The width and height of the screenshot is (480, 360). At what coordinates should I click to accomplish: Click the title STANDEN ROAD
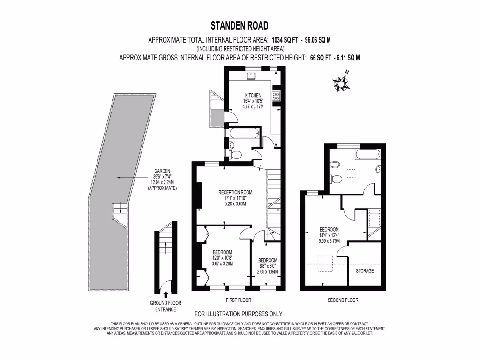pyautogui.click(x=240, y=25)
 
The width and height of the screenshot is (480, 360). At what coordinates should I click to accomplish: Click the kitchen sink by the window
pyautogui.click(x=250, y=76)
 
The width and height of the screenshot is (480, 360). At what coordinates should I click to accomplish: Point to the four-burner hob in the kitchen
pyautogui.click(x=276, y=97)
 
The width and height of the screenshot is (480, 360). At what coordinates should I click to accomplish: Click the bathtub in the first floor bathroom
pyautogui.click(x=243, y=134)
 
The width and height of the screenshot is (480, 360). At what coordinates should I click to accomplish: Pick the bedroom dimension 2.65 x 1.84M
pyautogui.click(x=268, y=271)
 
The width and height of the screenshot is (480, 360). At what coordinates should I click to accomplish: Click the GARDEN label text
pyautogui.click(x=163, y=171)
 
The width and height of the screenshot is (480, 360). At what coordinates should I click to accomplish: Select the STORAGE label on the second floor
pyautogui.click(x=365, y=271)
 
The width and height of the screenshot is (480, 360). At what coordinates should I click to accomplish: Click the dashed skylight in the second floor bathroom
pyautogui.click(x=351, y=173)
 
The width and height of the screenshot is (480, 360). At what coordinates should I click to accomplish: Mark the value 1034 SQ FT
pyautogui.click(x=280, y=40)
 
